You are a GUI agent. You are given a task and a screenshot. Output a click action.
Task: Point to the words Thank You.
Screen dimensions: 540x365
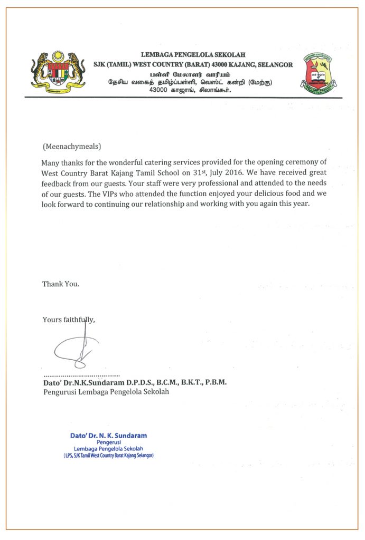click(x=61, y=284)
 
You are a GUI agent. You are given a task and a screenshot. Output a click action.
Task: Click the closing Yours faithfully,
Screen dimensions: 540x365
click(x=69, y=319)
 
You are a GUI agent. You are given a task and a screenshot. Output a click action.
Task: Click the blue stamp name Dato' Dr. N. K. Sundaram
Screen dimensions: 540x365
click(x=108, y=436)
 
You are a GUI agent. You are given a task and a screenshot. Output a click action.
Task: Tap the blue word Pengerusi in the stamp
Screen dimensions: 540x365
click(x=109, y=442)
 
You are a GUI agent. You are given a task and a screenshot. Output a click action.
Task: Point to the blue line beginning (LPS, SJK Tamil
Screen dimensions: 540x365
click(x=108, y=455)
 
